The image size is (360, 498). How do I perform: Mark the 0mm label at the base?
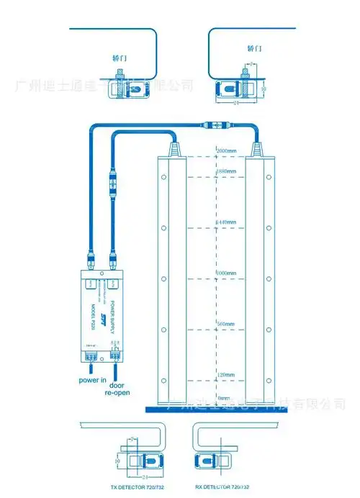click(223, 398)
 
